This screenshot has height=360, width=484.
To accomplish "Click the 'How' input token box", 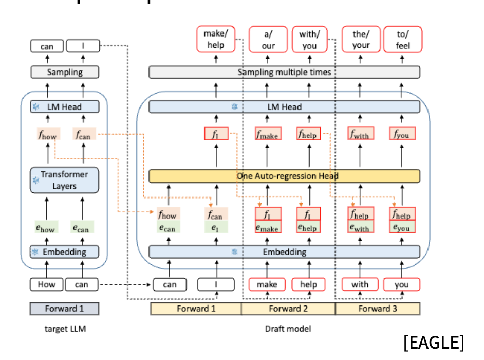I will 47,284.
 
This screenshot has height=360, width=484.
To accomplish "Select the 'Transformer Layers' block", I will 64,180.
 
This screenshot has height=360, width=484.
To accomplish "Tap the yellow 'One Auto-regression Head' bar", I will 284,176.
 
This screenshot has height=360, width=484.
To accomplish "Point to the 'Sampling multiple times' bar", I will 284,72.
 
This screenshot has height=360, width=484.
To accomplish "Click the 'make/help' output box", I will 215,40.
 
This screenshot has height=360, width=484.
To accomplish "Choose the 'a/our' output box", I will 268,40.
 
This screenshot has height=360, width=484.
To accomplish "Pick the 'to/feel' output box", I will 402,40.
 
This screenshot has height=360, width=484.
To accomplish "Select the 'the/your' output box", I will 361,40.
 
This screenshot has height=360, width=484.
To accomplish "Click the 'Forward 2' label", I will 288,309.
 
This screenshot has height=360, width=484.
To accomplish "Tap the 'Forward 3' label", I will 378,309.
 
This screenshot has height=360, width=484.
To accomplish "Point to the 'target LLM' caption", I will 64,329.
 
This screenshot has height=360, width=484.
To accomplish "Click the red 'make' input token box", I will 267,284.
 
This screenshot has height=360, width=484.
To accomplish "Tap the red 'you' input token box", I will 402,284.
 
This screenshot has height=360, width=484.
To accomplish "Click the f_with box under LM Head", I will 360,134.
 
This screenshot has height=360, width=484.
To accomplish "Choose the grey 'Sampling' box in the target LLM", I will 65,72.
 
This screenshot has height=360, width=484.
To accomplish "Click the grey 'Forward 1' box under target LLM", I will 64,309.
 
